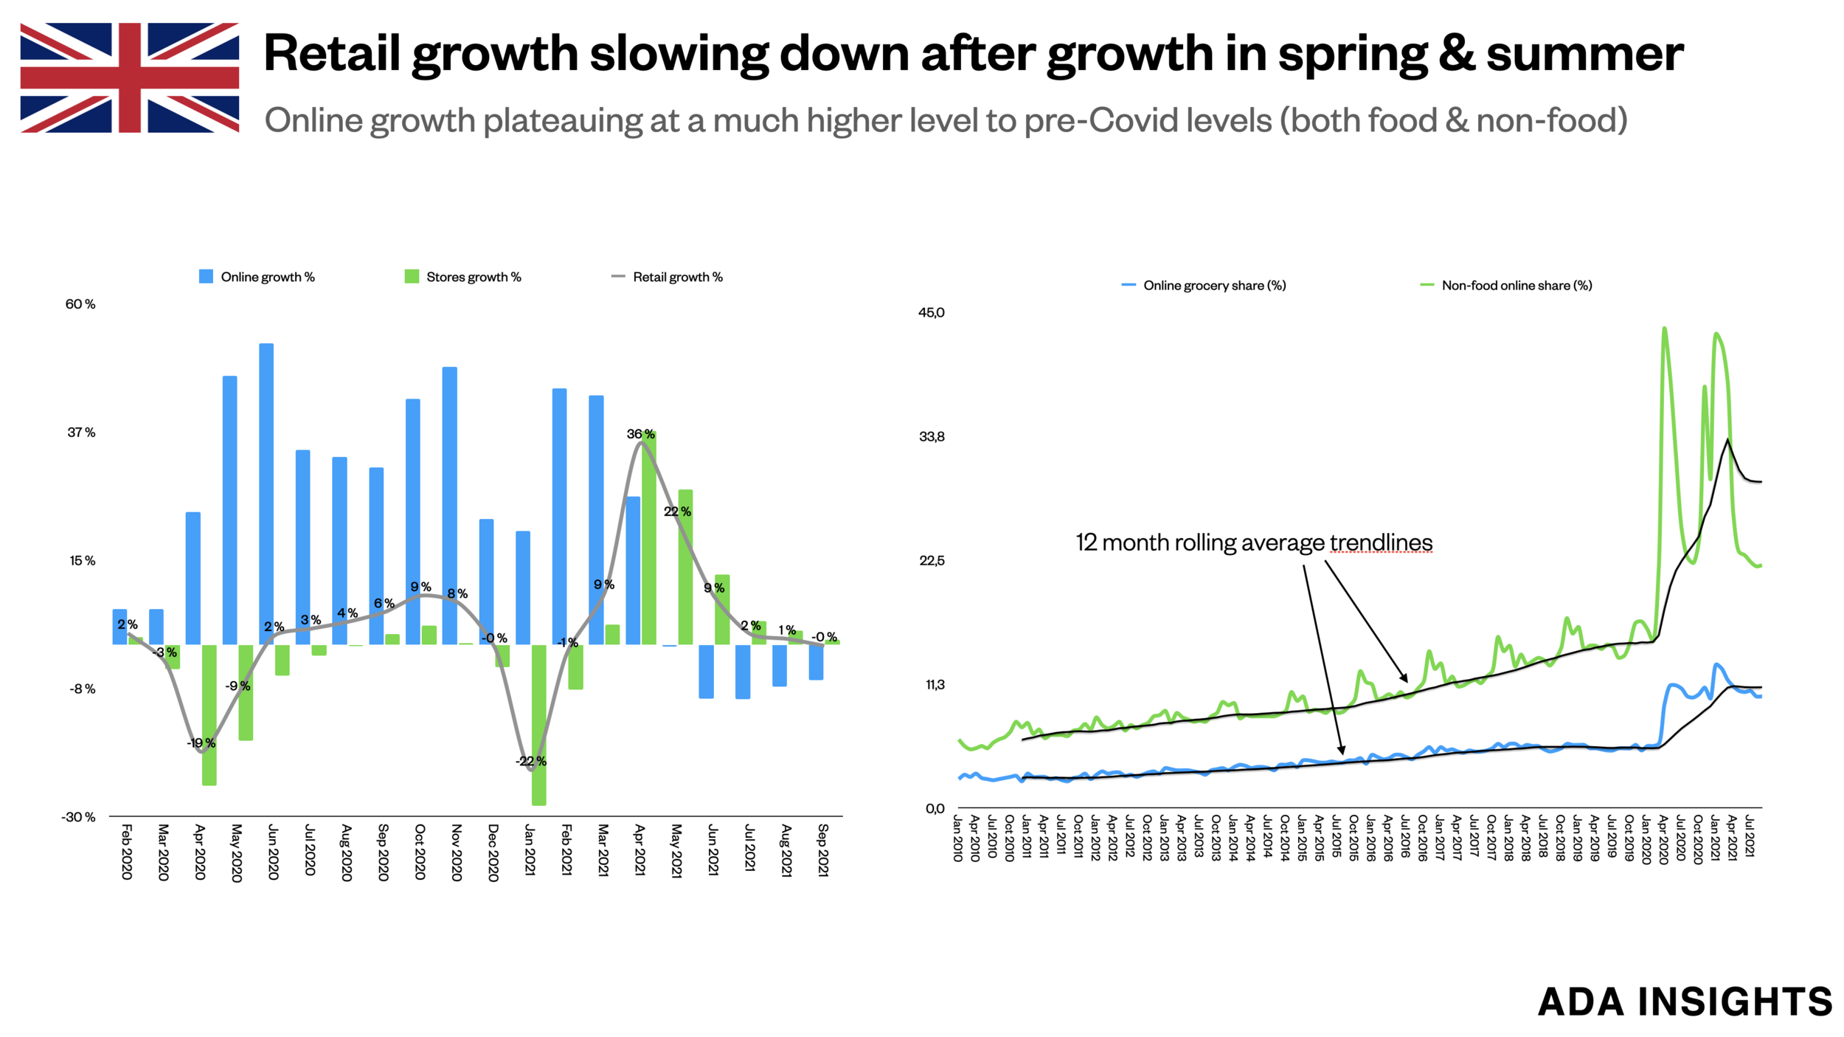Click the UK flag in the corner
[129, 77]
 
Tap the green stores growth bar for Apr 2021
[648, 539]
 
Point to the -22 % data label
[531, 761]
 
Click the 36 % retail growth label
[640, 434]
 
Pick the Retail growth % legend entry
[667, 277]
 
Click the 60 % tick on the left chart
[80, 304]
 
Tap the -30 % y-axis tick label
[78, 817]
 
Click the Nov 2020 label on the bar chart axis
[456, 852]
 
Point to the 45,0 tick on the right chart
[931, 313]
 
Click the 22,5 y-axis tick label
[931, 561]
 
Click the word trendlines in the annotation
[1381, 542]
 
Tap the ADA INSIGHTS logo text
[1685, 1002]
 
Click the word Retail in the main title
[332, 53]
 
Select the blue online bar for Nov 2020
[449, 506]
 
